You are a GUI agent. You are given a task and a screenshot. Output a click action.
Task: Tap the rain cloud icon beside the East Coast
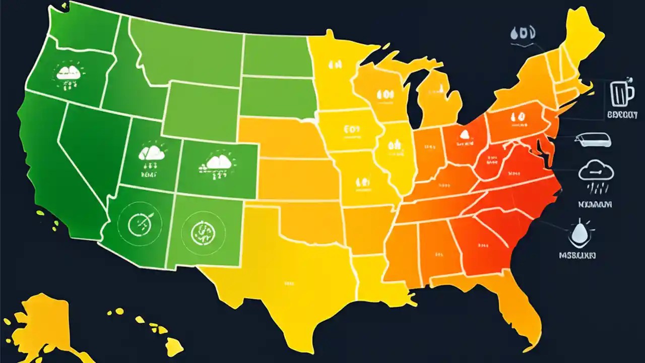click(596, 174)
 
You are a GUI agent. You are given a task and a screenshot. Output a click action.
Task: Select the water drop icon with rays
click(578, 232)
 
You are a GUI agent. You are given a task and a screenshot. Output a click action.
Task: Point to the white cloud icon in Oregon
click(69, 73)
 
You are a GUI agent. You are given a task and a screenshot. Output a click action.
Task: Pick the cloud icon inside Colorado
click(218, 162)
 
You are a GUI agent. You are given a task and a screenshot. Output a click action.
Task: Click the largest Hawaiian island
click(174, 347)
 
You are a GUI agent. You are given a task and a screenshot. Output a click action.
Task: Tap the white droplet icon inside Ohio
click(464, 135)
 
